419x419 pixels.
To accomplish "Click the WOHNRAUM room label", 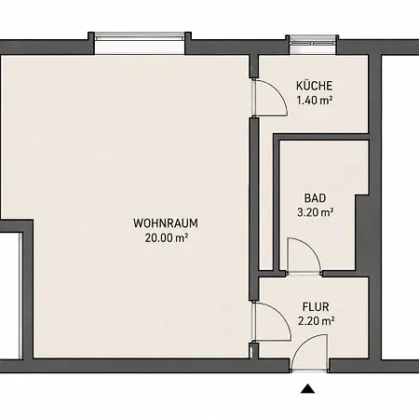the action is pyautogui.click(x=166, y=223).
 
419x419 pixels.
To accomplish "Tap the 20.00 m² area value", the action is pyautogui.click(x=167, y=237).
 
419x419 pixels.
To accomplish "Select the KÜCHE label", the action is pyautogui.click(x=314, y=86).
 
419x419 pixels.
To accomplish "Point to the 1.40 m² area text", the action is pyautogui.click(x=315, y=101).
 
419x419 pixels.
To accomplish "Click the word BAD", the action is pyautogui.click(x=315, y=198).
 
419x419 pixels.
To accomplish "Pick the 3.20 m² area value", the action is pyautogui.click(x=316, y=212).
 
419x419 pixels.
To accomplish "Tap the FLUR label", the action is pyautogui.click(x=316, y=306).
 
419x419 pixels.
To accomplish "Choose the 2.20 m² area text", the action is pyautogui.click(x=316, y=321).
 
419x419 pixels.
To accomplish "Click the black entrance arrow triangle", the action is pyautogui.click(x=307, y=388).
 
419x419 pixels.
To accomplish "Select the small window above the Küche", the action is pyautogui.click(x=313, y=44).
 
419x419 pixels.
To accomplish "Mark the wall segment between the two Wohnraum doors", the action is pyautogui.click(x=254, y=209).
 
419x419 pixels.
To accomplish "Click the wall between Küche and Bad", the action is pyautogui.click(x=321, y=137).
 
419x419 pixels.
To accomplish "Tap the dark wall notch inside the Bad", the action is pyautogui.click(x=362, y=233).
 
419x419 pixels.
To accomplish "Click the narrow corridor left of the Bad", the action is pyautogui.click(x=266, y=202).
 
